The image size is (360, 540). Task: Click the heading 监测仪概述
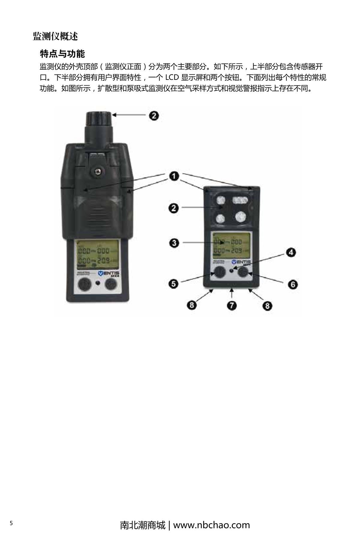pos(55,37)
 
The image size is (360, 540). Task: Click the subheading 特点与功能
pos(62,54)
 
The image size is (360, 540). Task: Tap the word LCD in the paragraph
pos(172,78)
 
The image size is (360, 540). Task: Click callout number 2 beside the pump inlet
pos(154,115)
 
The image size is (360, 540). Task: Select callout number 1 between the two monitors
pos(174,176)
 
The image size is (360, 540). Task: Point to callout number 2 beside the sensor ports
pos(174,208)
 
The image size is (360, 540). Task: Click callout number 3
pos(174,243)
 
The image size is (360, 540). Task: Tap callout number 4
pos(290,253)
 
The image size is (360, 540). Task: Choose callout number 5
pos(174,283)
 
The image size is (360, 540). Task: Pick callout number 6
pos(293,284)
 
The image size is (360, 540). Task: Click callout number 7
pos(232,306)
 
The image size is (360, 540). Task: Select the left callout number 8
pos(192,305)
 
